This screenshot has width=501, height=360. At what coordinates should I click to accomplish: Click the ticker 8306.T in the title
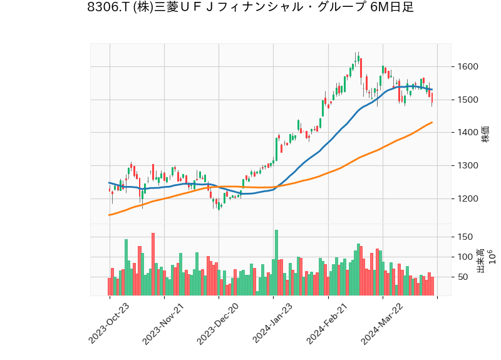107,8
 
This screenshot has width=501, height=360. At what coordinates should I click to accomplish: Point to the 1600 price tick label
468,67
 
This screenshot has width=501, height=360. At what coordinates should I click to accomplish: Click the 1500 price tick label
468,100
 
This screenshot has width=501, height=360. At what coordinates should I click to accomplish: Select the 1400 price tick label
468,133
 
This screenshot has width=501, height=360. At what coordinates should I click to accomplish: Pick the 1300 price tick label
468,166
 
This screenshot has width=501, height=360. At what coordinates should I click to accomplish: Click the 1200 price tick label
468,199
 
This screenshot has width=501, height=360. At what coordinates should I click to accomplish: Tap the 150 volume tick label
465,237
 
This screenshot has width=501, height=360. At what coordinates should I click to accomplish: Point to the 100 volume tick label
465,257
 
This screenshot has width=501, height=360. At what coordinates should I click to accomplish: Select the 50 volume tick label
463,277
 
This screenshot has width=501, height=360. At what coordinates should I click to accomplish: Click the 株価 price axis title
485,133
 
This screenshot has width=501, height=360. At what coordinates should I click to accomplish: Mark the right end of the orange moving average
432,123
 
